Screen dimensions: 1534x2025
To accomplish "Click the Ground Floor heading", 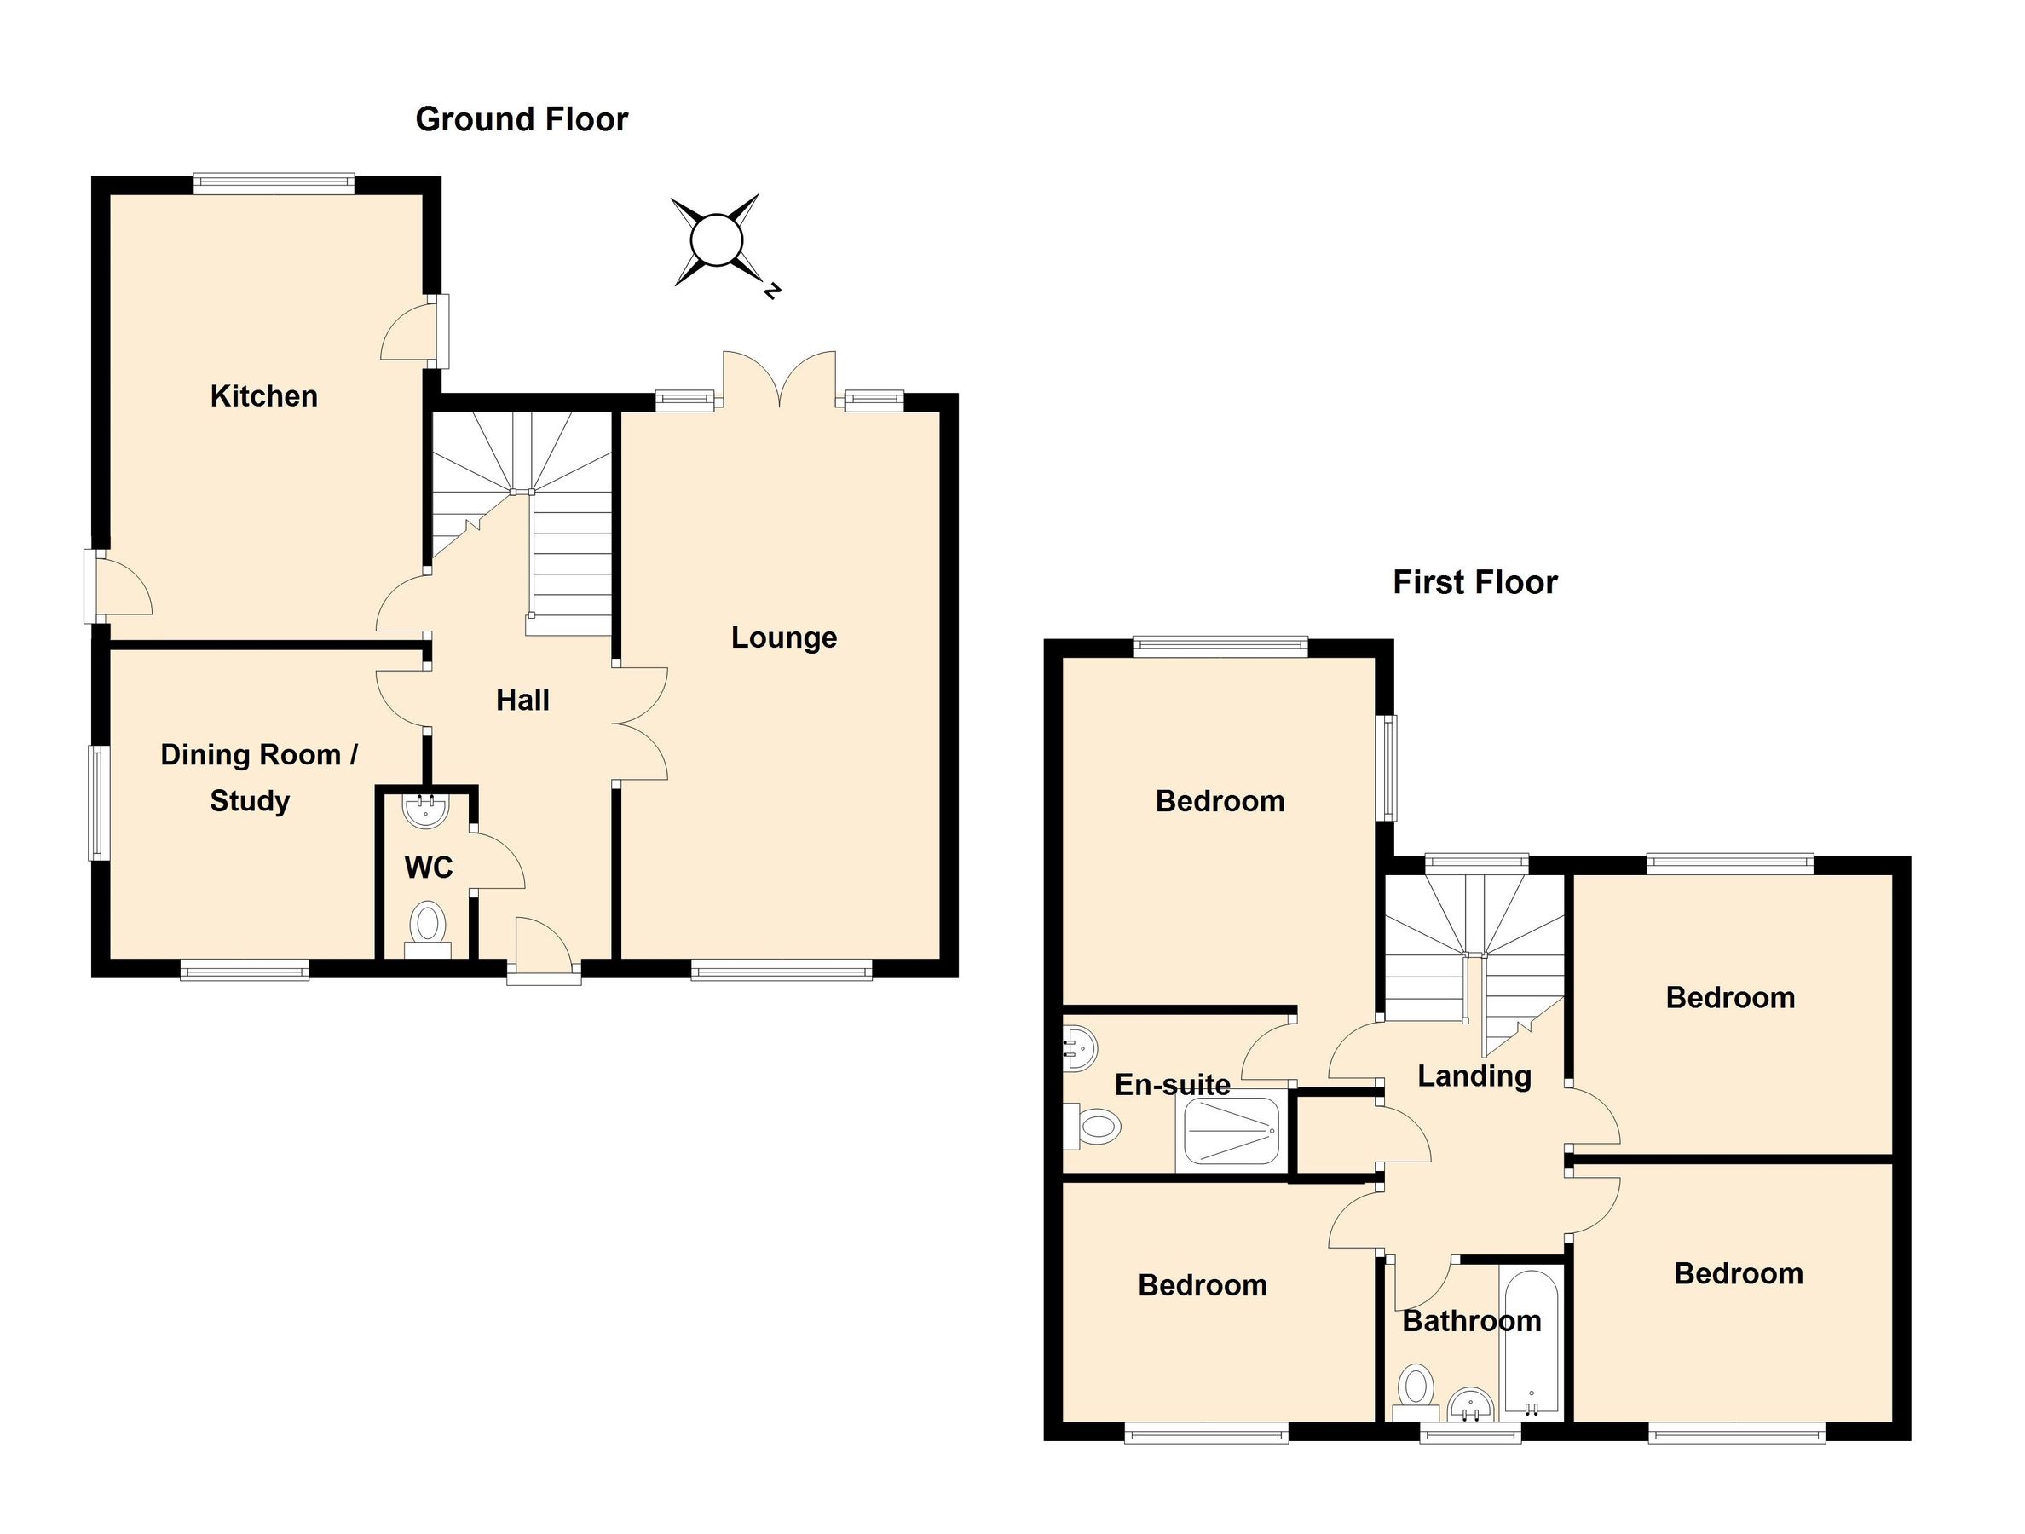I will coord(521,119).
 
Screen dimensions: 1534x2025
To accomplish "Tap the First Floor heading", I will coord(1474,582).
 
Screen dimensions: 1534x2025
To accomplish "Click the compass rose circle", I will coord(715,240).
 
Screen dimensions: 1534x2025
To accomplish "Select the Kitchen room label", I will coord(263,396).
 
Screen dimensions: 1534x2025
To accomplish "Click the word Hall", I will coord(522,701).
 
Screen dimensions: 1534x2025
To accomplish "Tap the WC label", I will coord(429,867).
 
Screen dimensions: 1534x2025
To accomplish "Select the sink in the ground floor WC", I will coord(425,810).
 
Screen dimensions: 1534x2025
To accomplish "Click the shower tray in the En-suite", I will coord(1232,1133).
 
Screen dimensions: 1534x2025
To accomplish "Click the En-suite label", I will coord(1172,1085).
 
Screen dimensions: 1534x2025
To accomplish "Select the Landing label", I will coord(1473,1076).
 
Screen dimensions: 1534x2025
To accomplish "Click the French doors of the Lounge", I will coord(779,380).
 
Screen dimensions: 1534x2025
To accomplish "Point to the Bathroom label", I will coord(1471,1321).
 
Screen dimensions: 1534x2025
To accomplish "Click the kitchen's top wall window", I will coord(274,184).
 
